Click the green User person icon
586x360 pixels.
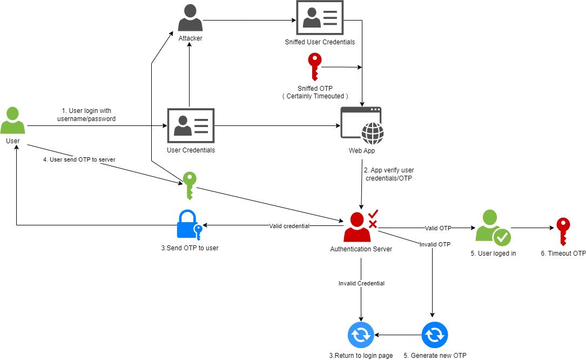[x=12, y=121]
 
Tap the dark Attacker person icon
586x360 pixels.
[x=190, y=18]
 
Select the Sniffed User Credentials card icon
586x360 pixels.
[x=319, y=18]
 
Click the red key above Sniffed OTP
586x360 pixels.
[x=314, y=67]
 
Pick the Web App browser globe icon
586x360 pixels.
[x=361, y=125]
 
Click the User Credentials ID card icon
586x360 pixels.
[x=191, y=126]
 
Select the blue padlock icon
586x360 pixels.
[x=188, y=225]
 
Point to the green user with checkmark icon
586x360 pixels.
[x=492, y=229]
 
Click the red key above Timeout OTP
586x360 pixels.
[x=563, y=231]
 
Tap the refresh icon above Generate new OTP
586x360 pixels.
[x=435, y=335]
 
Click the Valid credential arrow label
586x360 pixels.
[x=289, y=226]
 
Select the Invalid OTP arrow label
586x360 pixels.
[x=435, y=244]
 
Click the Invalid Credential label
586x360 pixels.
[x=361, y=283]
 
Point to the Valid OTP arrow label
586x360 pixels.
[x=438, y=228]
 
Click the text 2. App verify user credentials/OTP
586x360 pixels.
[x=388, y=174]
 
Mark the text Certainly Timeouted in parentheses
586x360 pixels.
[x=315, y=96]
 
